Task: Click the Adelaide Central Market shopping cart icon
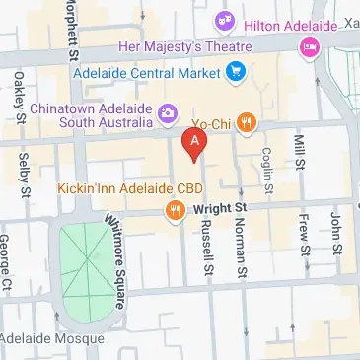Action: (x=236, y=70)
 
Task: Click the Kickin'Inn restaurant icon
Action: (x=175, y=208)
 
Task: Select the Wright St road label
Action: (x=218, y=209)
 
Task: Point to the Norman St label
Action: (x=239, y=246)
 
